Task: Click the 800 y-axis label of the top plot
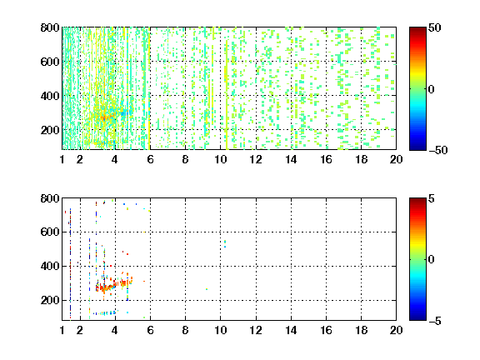coord(50,27)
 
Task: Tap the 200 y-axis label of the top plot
coord(50,130)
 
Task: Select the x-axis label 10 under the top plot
coord(220,159)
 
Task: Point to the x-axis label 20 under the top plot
coord(396,159)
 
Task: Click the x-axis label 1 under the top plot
coord(62,159)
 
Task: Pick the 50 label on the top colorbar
coord(434,27)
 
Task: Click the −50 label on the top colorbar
coord(438,150)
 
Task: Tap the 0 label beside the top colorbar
coord(431,89)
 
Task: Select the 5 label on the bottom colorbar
coord(431,198)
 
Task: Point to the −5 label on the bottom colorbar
coord(435,321)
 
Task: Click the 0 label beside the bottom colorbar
coord(431,260)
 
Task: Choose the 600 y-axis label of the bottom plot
coord(50,232)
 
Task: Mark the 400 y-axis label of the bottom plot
coord(50,266)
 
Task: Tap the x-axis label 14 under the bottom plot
coord(291,330)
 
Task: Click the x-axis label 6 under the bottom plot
coord(150,330)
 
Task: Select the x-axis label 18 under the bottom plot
coord(361,330)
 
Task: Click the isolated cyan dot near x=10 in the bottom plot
coord(225,243)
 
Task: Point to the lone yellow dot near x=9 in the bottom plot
coord(207,289)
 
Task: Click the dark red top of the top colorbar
coord(417,30)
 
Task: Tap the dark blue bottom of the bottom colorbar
coord(417,317)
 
